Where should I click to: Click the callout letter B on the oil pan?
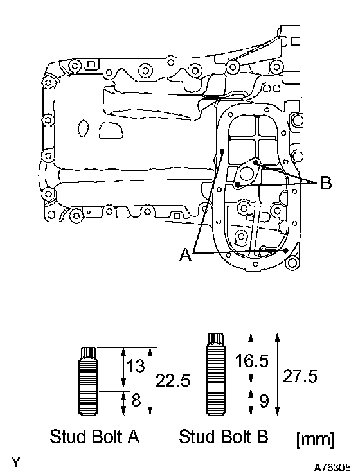(326, 183)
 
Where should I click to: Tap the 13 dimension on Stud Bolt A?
(136, 365)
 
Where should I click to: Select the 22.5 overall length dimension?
(173, 381)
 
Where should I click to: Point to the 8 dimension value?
(136, 400)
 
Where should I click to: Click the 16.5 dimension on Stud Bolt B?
(252, 361)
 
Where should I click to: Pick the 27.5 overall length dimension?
(300, 376)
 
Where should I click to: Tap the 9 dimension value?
(264, 401)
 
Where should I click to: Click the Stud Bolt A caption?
(94, 436)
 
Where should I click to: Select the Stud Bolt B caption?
(224, 436)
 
